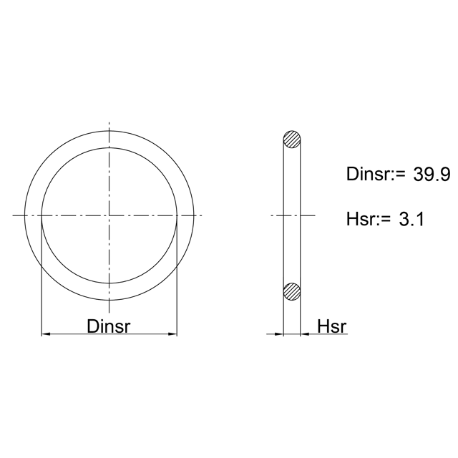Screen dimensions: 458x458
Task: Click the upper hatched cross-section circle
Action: [292, 139]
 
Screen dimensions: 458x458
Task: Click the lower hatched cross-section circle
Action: [292, 291]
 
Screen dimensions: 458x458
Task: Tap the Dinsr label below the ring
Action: [108, 326]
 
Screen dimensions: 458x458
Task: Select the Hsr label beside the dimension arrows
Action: [332, 326]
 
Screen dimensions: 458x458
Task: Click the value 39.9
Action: [432, 175]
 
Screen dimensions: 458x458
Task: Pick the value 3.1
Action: [411, 219]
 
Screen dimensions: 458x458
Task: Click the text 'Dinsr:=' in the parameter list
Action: [376, 174]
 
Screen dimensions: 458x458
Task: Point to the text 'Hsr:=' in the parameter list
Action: [369, 219]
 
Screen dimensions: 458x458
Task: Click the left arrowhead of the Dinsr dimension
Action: [46, 334]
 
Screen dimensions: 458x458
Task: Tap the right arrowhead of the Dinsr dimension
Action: [172, 334]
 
